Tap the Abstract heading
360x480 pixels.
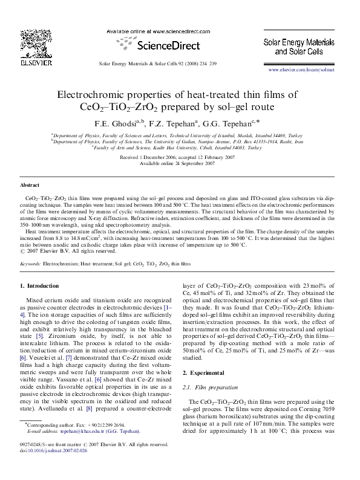[30, 185]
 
